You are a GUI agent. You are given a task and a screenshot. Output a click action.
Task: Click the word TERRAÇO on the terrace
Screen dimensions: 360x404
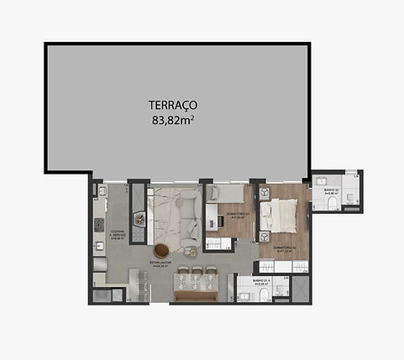point(173,105)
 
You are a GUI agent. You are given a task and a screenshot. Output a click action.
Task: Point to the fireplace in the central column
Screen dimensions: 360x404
point(139,225)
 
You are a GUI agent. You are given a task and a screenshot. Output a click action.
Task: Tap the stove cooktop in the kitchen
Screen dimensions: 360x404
point(98,225)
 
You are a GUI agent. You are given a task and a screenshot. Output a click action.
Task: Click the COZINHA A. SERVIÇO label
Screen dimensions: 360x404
point(118,234)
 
